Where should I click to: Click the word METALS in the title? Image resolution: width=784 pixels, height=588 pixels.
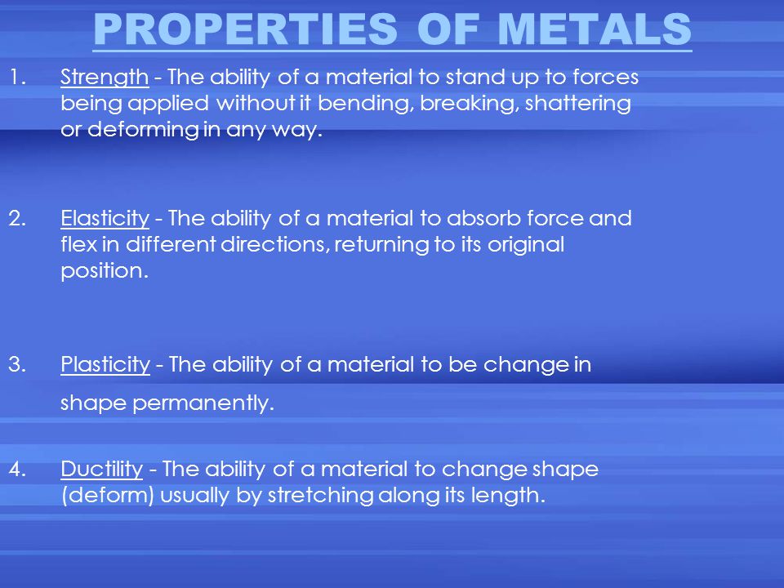(595, 29)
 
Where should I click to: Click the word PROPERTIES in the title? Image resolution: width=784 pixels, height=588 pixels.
(246, 29)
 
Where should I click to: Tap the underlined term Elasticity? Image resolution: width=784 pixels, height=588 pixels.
(105, 219)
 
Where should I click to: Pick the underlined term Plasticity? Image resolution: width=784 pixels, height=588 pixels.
(105, 365)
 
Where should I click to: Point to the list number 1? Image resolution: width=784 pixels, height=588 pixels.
(18, 78)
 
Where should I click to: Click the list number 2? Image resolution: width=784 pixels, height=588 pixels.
(17, 219)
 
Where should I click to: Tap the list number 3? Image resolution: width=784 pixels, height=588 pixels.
(17, 365)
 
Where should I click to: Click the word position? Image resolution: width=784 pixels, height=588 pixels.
(105, 271)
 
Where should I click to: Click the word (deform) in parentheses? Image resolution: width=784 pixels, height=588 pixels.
(108, 496)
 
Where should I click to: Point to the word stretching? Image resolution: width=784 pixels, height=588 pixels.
(320, 496)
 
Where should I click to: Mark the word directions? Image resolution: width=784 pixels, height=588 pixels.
(275, 245)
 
